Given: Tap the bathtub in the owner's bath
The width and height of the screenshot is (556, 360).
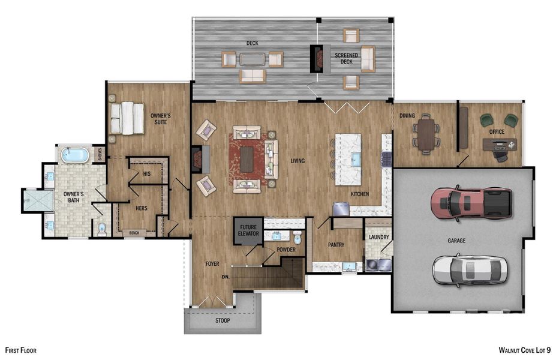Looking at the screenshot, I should pos(75,155).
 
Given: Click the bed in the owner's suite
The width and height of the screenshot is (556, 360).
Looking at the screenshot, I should pos(127,118).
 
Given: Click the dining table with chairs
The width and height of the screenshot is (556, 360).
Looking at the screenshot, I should pos(426,134).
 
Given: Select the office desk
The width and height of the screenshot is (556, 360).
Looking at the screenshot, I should pos(498,144).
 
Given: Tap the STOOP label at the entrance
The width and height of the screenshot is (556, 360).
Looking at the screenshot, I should pos(222,320).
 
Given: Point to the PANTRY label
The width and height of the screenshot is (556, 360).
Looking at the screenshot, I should pos(335,245).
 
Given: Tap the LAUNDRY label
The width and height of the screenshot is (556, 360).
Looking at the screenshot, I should pos(379,237).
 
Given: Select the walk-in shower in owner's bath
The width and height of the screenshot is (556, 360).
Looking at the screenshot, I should pos(34,200).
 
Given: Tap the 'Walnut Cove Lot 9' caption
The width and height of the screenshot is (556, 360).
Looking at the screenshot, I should pos(524,349).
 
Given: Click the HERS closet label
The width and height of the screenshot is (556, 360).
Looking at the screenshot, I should pos(142,209).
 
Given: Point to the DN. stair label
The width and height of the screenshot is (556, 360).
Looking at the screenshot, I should pos(225,277).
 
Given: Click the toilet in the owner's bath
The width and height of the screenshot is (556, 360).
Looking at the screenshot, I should pos(102,228).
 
